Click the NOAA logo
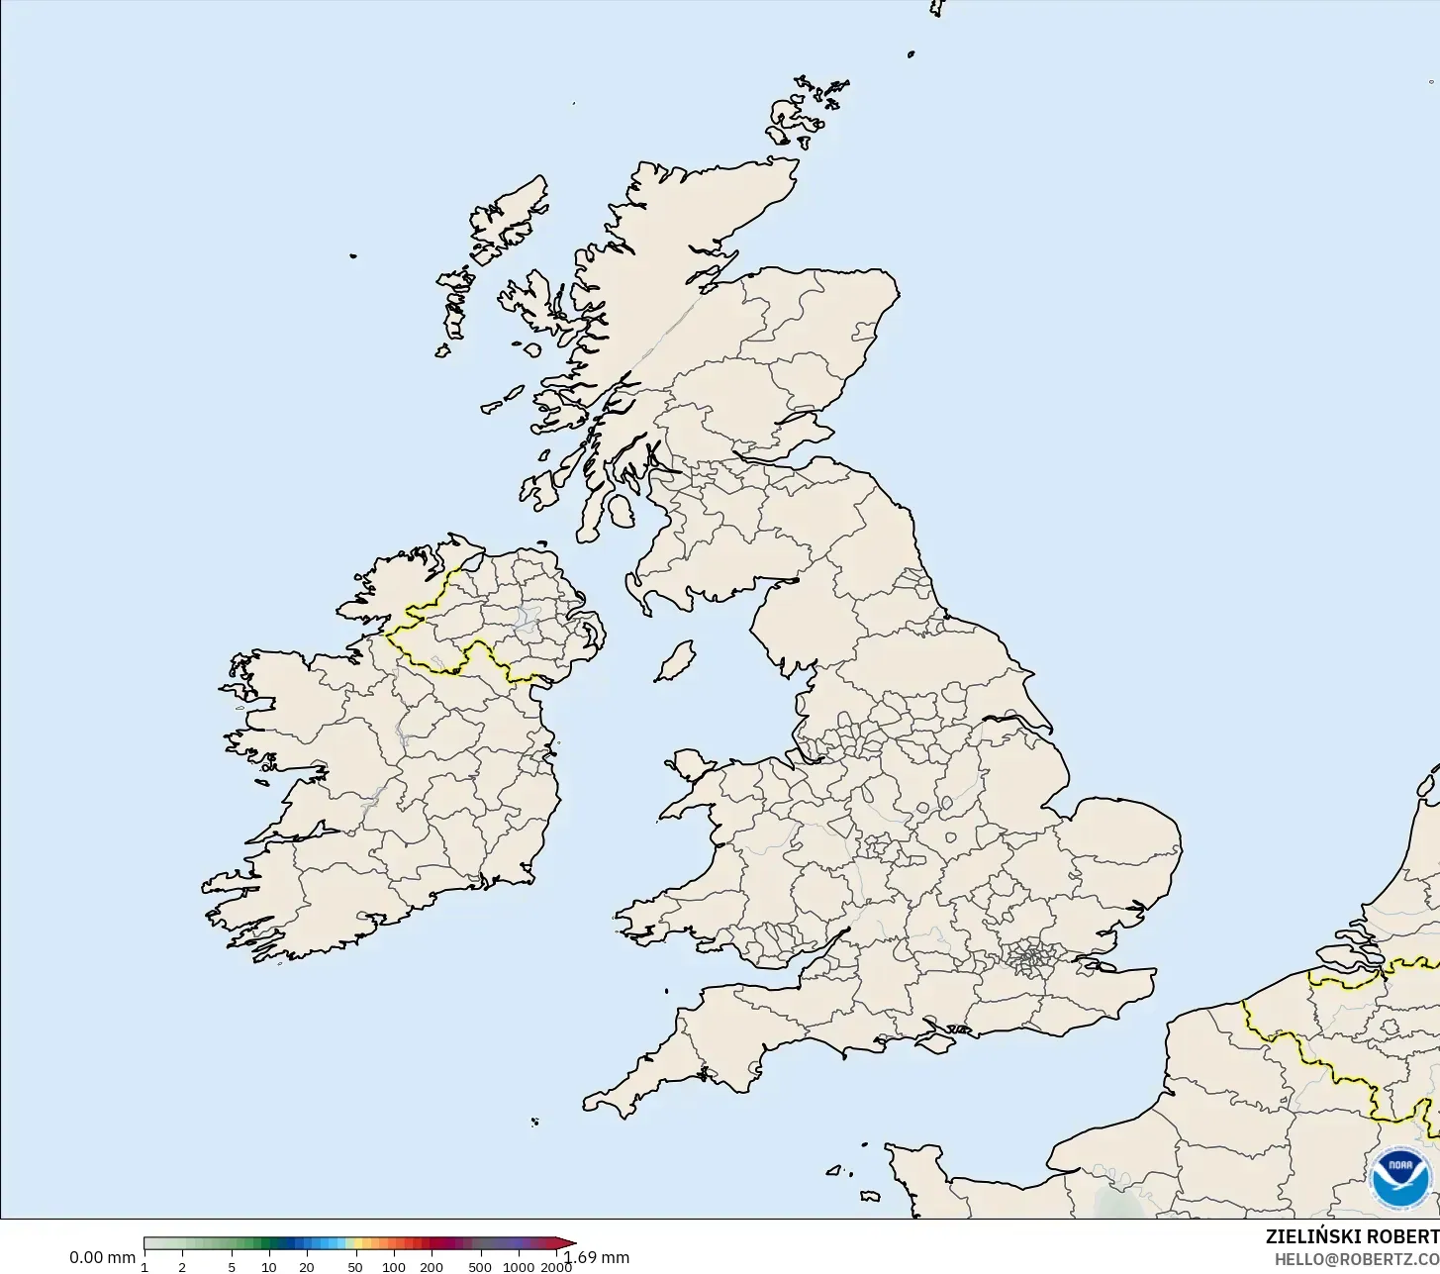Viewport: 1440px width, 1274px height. coord(1400,1178)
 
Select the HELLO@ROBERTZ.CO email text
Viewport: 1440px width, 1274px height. coord(1356,1258)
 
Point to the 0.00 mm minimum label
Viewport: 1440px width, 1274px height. coord(102,1257)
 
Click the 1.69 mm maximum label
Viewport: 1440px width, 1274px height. coord(597,1257)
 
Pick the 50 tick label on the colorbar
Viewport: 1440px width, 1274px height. coord(355,1267)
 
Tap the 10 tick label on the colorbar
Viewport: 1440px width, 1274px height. coord(268,1267)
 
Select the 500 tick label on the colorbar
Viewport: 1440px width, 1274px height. coord(480,1267)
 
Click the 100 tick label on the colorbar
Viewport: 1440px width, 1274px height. coord(394,1267)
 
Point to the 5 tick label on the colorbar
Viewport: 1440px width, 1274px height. coord(232,1267)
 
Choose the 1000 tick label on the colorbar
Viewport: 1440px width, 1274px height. coord(519,1267)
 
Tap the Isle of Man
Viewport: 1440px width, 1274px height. coord(676,660)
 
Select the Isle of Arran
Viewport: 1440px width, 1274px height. coord(621,512)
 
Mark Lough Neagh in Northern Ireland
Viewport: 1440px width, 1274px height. coord(527,619)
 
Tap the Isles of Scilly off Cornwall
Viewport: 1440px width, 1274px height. coord(534,1122)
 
